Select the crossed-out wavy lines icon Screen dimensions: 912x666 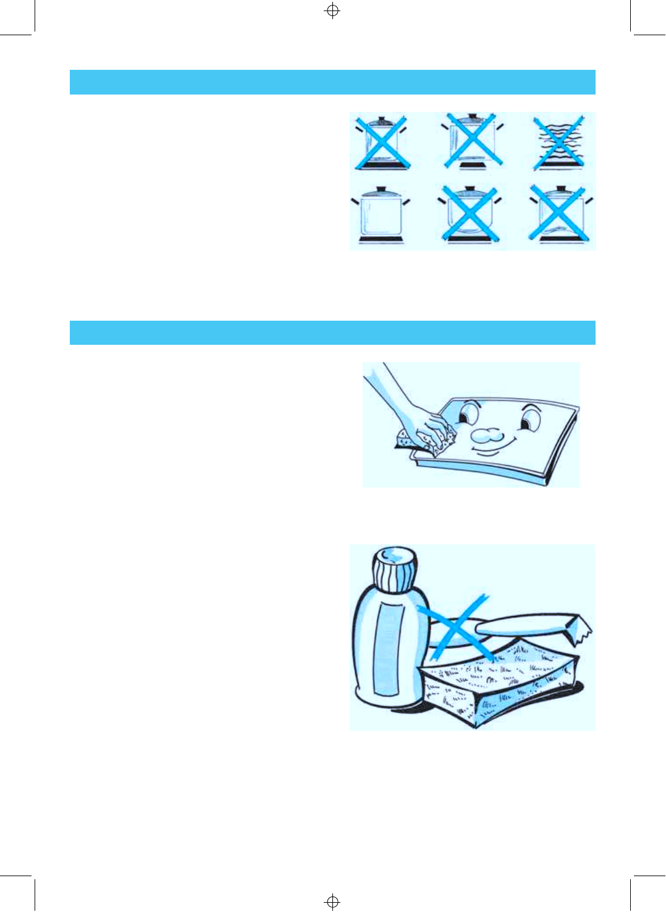tap(559, 143)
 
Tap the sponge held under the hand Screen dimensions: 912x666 tap(408, 442)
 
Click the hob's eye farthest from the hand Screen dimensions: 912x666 tap(529, 419)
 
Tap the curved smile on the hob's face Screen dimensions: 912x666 tap(494, 449)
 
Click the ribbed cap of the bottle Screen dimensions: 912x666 tap(394, 569)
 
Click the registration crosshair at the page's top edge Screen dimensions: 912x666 tap(332, 11)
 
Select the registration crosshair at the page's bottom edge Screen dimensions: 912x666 tap(332, 901)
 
